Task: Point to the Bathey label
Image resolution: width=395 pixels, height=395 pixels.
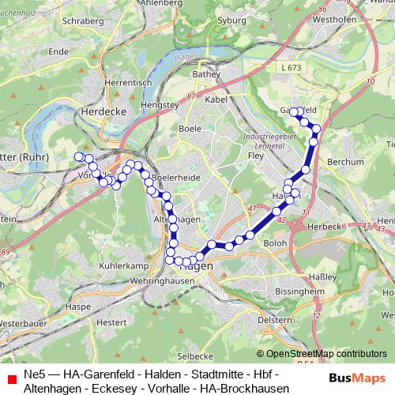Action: click(205, 75)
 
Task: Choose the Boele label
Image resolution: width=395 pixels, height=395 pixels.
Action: click(190, 126)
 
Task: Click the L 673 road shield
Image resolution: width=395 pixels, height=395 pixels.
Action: click(291, 70)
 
